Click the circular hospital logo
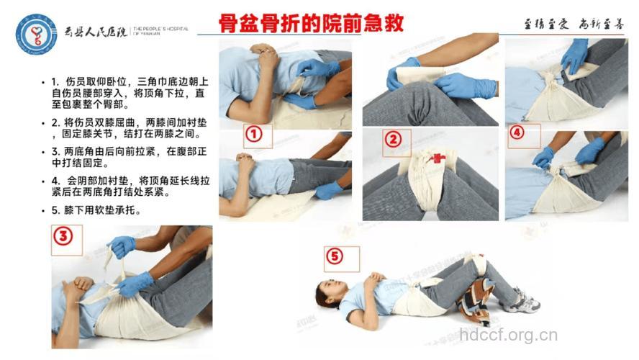coord(36,33)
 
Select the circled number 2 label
coord(392,140)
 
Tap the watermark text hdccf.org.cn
coord(508,335)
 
